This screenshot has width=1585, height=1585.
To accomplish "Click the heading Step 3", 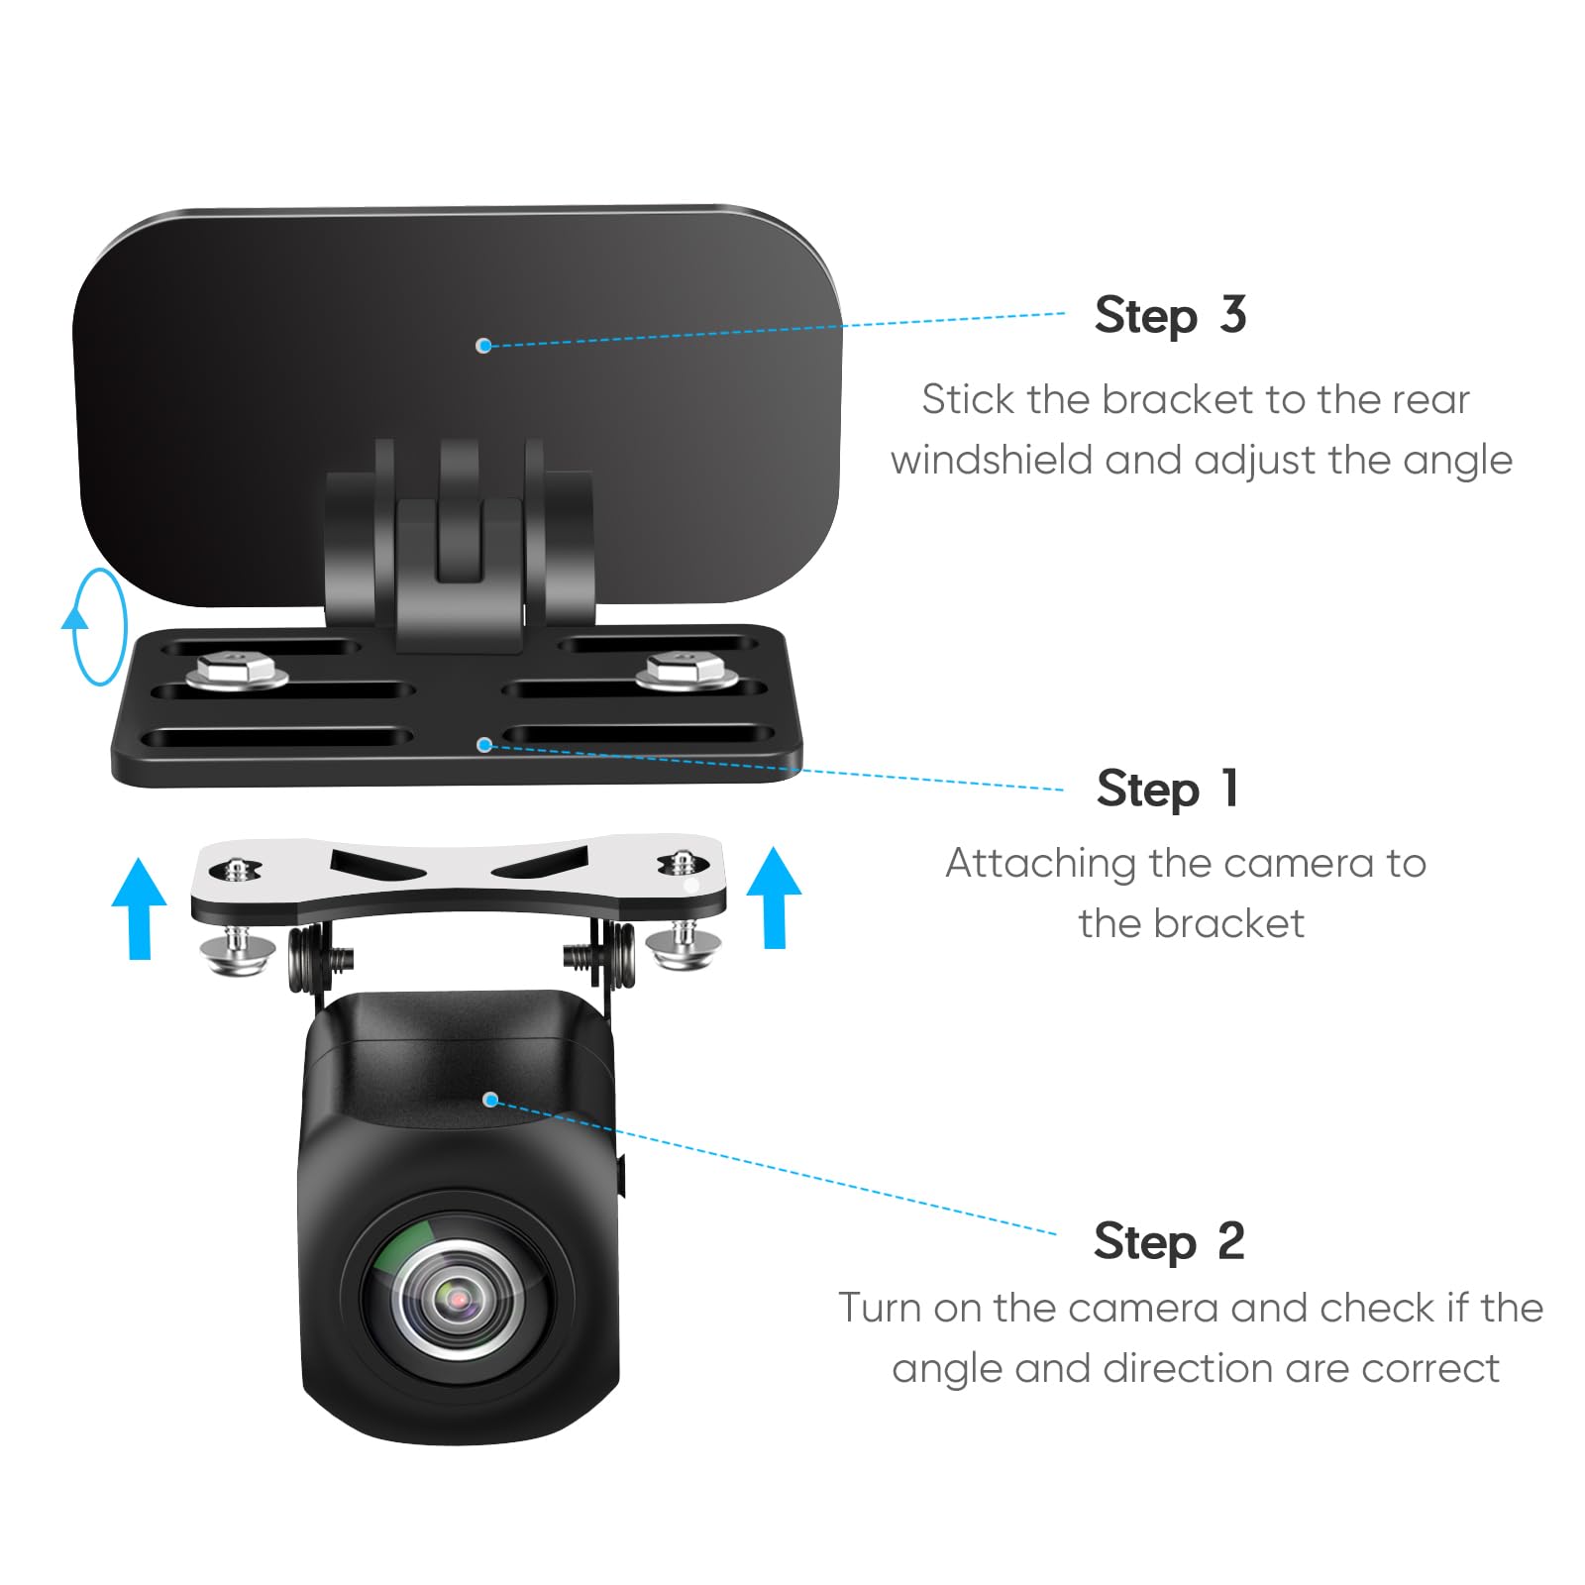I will click(1170, 317).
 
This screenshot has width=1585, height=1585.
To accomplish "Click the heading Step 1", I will click(1167, 790).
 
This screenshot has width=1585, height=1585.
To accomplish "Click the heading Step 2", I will click(1169, 1242).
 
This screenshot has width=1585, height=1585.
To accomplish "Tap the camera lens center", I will click(458, 1297).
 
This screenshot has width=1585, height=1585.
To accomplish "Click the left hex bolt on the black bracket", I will click(237, 671).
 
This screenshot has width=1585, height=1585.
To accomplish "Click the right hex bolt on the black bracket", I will click(686, 671).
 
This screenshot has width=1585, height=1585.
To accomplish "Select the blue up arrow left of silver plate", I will click(139, 907).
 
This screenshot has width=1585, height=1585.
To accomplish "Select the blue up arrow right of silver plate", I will click(774, 897).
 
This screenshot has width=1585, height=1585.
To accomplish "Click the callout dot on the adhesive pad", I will click(483, 345).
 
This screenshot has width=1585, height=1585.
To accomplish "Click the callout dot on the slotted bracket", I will click(483, 744).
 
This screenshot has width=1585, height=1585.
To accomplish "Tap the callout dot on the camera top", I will click(489, 1100).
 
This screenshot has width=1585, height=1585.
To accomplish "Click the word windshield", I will click(990, 462).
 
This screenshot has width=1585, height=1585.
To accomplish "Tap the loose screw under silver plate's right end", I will click(683, 944).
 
